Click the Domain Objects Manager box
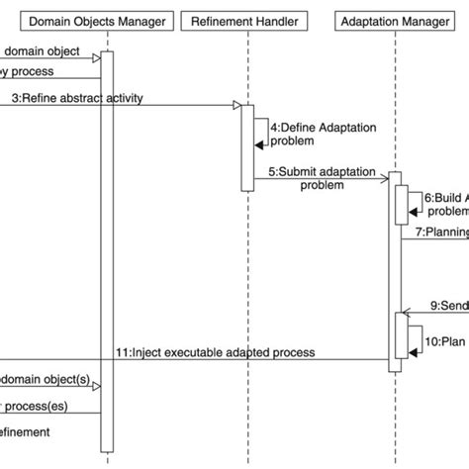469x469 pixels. coord(95,20)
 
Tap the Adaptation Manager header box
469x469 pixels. coord(394,20)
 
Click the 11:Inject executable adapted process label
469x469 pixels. coord(215,351)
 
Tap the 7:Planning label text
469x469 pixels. coord(440,233)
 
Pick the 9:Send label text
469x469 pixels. coord(447,306)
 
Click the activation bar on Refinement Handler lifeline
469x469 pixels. coord(246,146)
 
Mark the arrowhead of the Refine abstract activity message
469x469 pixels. coord(236,105)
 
